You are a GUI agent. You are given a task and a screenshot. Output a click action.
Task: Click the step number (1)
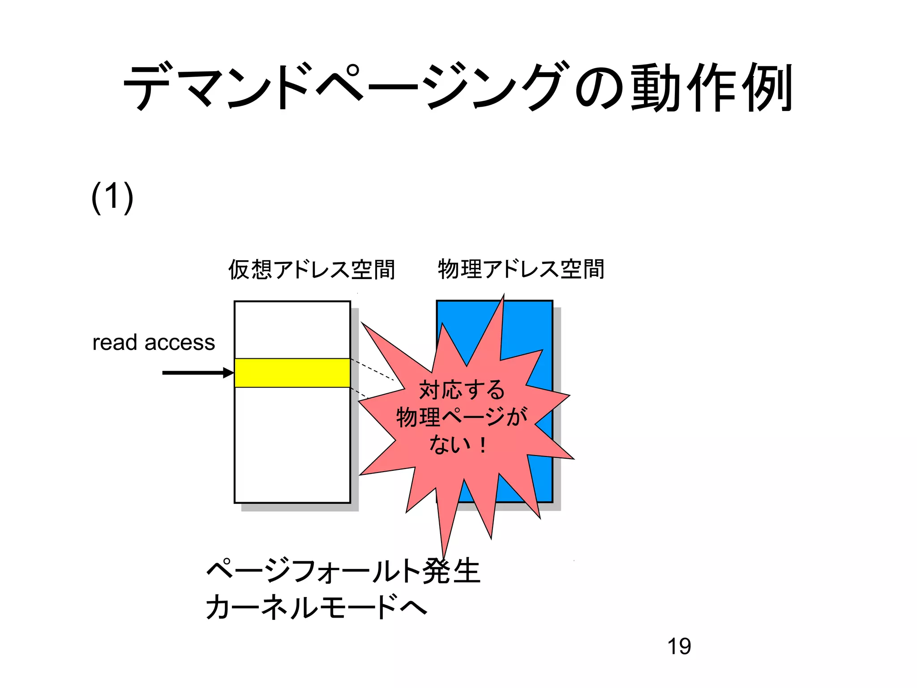112,197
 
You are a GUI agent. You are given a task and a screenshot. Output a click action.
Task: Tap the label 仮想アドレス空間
312,270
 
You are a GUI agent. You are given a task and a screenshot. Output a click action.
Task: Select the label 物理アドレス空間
521,269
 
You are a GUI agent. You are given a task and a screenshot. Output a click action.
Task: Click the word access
180,343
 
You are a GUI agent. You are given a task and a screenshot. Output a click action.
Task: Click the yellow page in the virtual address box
292,373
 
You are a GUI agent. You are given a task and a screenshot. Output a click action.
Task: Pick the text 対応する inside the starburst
462,390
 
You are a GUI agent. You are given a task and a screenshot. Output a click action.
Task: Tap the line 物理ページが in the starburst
462,417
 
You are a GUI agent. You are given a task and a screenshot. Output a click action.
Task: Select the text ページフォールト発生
343,572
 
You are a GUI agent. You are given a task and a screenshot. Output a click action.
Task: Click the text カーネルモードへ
316,607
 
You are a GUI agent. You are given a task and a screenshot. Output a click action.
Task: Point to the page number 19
679,646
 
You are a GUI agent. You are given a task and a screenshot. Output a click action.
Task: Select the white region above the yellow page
292,330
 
